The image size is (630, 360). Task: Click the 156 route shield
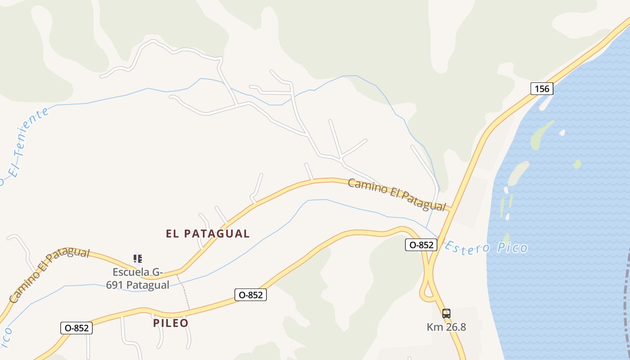(541, 89)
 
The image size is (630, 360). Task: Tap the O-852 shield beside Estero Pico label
(421, 245)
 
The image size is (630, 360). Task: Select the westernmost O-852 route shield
(76, 328)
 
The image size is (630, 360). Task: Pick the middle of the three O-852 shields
(251, 295)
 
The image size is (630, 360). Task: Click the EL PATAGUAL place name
(207, 234)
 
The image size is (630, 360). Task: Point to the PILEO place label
(171, 323)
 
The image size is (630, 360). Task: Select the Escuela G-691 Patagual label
(138, 279)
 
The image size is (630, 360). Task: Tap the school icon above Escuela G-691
(138, 258)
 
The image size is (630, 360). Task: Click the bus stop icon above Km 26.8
(446, 314)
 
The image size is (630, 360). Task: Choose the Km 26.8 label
(446, 327)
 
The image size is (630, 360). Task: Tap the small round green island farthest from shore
(577, 164)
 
